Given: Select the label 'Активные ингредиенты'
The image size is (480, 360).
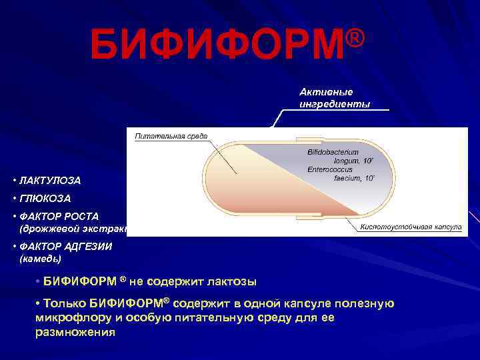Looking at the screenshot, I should [x=334, y=98].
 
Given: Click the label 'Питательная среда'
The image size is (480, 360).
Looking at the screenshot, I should [x=171, y=136].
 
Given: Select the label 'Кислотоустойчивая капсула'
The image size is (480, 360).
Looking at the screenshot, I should [x=411, y=227].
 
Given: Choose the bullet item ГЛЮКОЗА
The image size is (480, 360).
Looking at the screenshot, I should [x=45, y=199].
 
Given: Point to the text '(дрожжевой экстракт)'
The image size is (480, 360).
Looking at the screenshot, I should [x=73, y=228].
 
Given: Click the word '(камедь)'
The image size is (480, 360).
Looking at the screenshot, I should [x=41, y=257].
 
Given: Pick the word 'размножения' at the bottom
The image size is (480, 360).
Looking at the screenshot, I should [x=75, y=332].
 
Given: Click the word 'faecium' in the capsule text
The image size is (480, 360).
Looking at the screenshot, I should [x=345, y=178].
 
